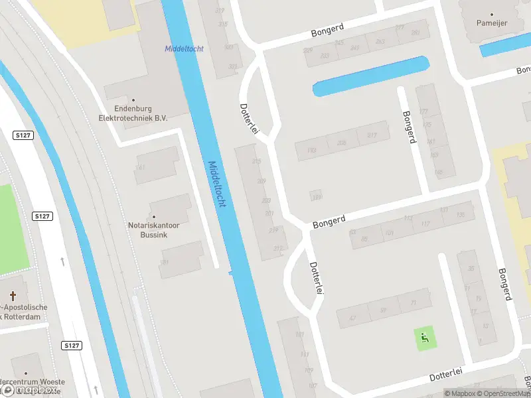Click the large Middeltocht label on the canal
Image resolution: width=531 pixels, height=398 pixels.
[x=217, y=184]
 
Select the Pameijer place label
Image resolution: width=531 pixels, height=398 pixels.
[x=492, y=23]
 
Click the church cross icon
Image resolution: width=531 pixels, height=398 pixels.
[x=13, y=295]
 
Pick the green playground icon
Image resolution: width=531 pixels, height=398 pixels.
[x=424, y=338]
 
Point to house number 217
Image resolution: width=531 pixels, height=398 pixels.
[x=372, y=135]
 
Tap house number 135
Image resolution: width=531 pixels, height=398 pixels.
[x=461, y=214]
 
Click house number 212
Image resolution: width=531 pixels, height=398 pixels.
[x=277, y=249]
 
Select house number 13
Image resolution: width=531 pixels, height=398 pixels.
[x=485, y=325]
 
